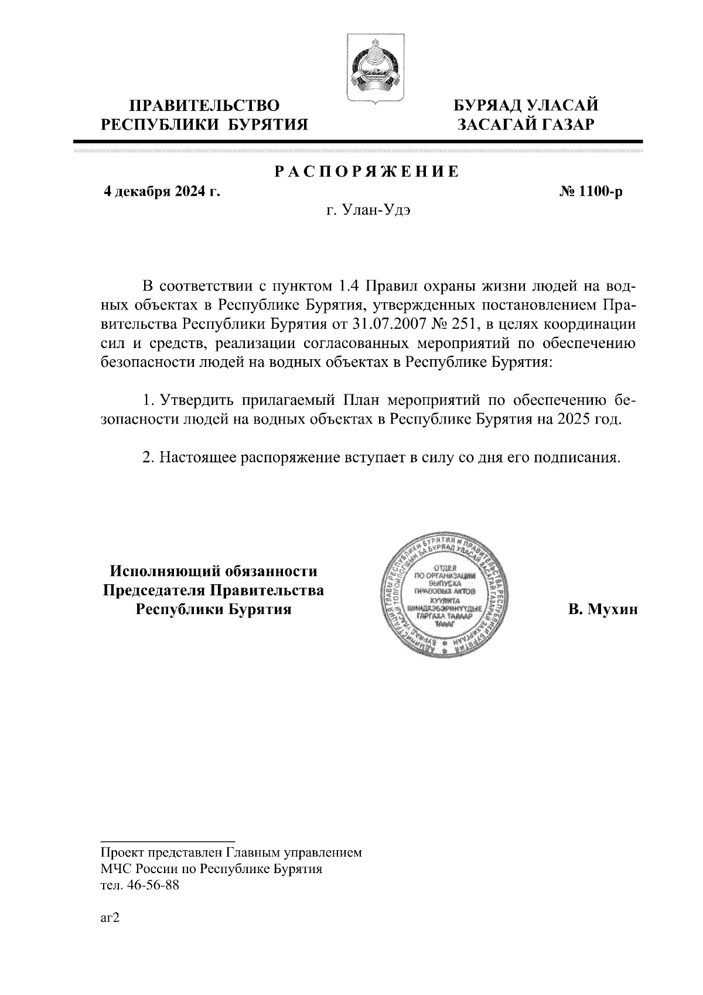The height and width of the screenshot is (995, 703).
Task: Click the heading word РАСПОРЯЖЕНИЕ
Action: pos(367,172)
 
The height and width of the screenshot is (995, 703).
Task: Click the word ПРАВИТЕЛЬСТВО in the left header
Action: pos(204,106)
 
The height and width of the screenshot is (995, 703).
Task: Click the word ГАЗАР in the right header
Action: pos(565,125)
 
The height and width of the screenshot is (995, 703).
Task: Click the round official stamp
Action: pos(446,594)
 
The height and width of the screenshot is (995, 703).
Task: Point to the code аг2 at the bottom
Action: pos(110,919)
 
